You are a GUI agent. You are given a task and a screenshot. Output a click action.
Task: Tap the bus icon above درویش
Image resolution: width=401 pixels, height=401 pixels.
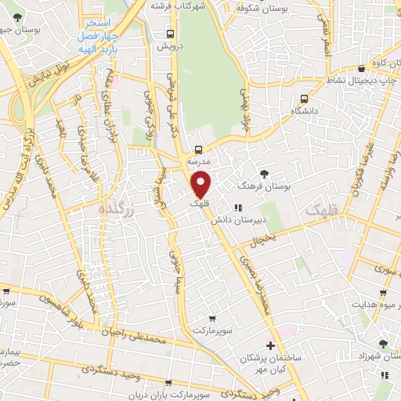[x=171, y=34]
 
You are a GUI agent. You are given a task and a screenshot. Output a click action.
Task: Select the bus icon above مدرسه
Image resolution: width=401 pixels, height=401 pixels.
[x=197, y=149]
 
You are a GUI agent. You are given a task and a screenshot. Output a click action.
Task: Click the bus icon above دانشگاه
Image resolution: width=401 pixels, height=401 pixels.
[x=304, y=99]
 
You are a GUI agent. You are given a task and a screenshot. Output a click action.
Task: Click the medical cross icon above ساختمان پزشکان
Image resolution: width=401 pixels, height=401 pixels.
[x=270, y=345]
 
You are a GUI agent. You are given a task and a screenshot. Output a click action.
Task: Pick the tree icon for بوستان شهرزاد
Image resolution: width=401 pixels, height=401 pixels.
[x=382, y=343]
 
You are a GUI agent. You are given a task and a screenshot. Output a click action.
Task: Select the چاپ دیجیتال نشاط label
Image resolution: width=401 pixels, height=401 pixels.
[x=359, y=81]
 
